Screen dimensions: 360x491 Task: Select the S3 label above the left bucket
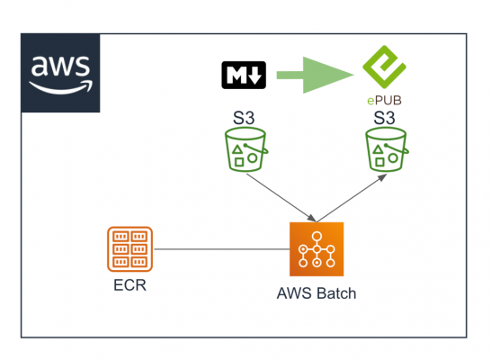[241, 117]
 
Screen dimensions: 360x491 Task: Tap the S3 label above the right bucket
[385, 117]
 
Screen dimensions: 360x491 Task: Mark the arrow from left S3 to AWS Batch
[281, 197]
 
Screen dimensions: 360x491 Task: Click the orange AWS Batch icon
[317, 248]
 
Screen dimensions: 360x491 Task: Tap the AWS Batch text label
[317, 294]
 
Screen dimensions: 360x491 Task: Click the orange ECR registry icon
[129, 248]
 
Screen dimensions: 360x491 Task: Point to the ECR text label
[129, 289]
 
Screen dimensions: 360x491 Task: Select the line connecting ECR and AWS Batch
[220, 248]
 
